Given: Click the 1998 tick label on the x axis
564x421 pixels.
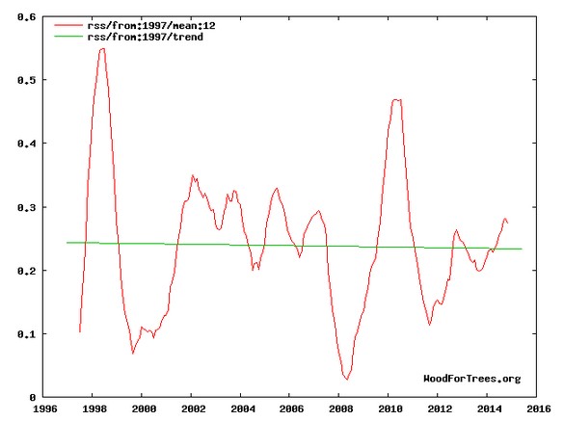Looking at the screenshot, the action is (x=94, y=408).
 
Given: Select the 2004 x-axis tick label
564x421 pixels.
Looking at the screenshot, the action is (x=243, y=408).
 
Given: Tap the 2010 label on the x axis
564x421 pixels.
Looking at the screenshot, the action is (x=390, y=408).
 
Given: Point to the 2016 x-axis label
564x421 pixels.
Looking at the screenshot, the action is (x=539, y=408).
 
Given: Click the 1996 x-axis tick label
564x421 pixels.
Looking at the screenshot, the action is (x=45, y=408).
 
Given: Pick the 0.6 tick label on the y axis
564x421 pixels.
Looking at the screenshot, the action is (x=27, y=17).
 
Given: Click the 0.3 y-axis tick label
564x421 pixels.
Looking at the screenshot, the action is (x=27, y=207).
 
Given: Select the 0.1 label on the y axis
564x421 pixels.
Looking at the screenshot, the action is (x=27, y=334).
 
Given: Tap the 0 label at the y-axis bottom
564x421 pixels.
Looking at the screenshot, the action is (x=33, y=398).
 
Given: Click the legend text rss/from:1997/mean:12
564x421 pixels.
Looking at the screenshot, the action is (x=151, y=25).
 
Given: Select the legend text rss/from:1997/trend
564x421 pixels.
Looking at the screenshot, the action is (x=145, y=37).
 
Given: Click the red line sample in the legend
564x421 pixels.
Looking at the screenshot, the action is (x=68, y=25).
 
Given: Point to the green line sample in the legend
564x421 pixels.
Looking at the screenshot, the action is (x=68, y=37).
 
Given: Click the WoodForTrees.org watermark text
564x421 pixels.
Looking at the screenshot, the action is (x=471, y=379).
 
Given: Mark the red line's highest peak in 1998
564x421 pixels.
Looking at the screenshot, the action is (x=102, y=48).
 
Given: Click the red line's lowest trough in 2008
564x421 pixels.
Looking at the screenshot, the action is (x=347, y=379).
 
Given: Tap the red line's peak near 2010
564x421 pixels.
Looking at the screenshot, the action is (x=396, y=99).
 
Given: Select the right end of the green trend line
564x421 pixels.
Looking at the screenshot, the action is (x=522, y=249).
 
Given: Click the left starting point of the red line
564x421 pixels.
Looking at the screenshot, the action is (x=79, y=331).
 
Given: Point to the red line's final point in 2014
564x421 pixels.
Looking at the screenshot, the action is (x=507, y=224).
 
